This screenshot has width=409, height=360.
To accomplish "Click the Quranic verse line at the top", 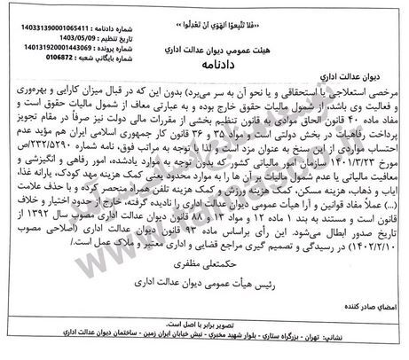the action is pos(206,10).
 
